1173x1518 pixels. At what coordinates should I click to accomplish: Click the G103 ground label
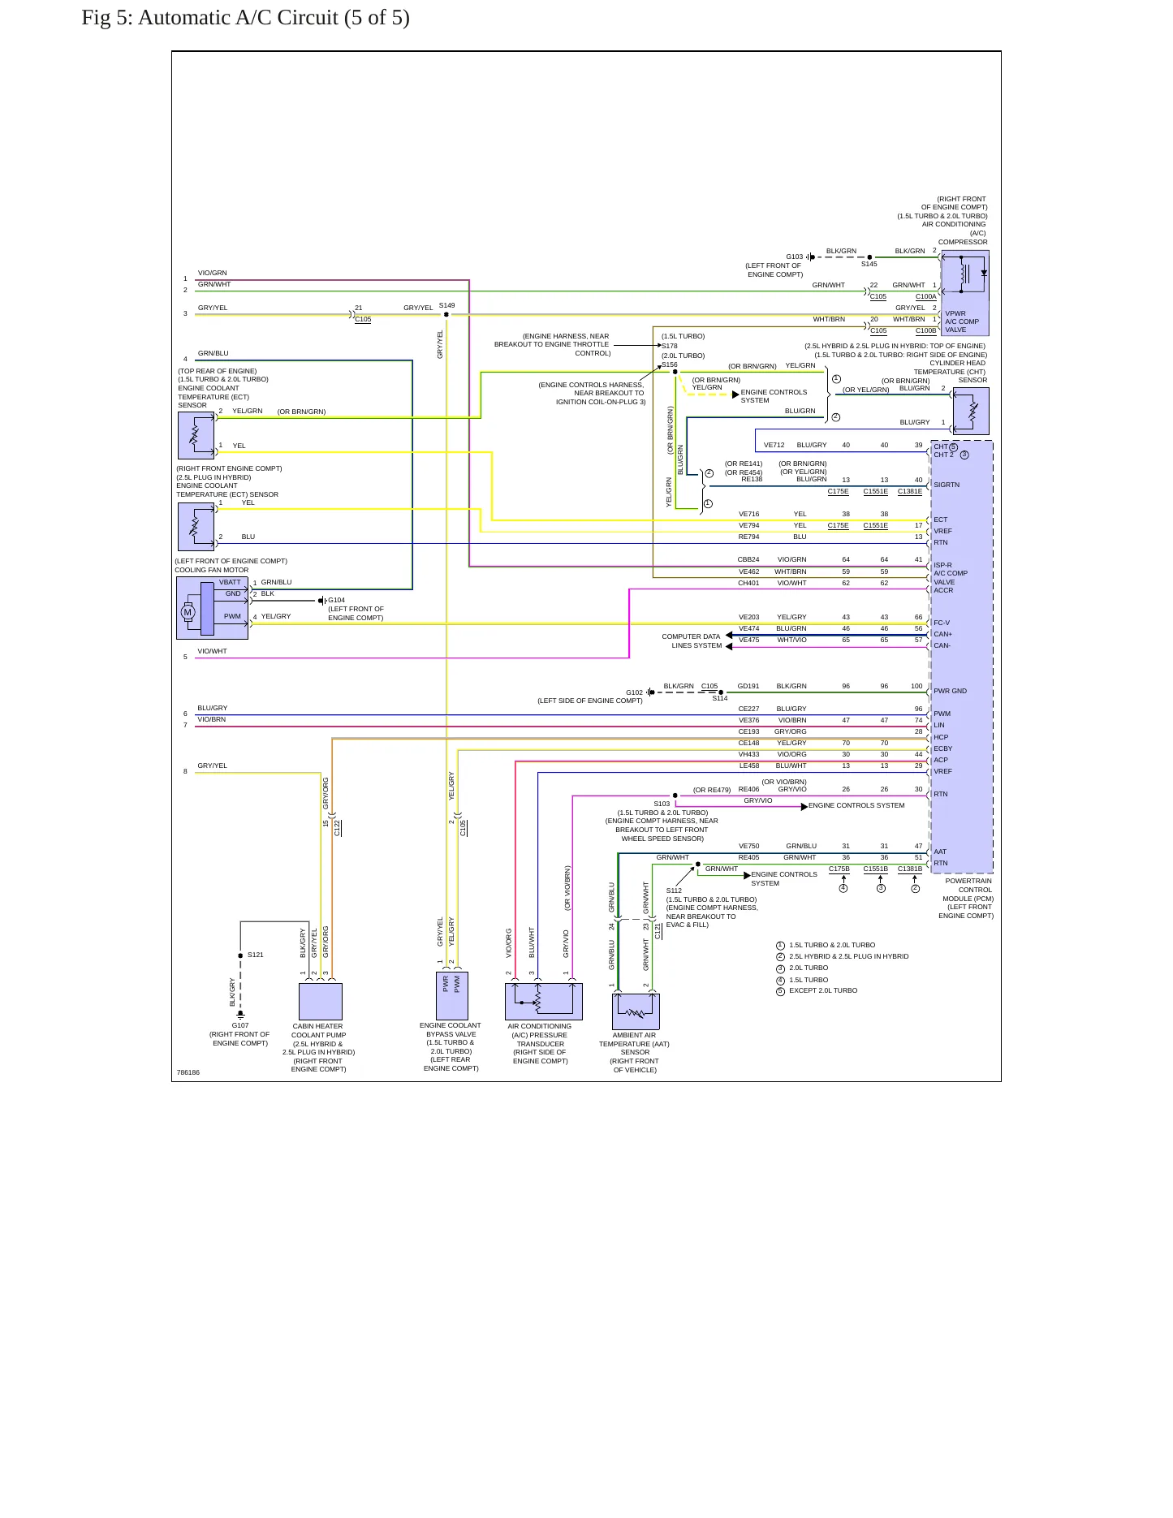794,257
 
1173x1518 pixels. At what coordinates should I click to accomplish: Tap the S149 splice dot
446,315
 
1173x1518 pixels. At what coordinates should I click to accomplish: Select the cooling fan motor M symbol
188,612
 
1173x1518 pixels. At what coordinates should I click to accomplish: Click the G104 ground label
336,601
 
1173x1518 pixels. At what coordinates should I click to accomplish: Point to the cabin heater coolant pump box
321,1002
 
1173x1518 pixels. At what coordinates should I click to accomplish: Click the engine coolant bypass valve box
452,996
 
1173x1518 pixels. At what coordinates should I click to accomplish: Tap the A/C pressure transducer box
544,1002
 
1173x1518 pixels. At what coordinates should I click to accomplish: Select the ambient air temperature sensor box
636,1011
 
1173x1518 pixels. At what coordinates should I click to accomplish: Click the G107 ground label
240,1025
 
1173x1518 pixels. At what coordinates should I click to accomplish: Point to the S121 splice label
256,955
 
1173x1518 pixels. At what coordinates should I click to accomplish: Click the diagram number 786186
188,1072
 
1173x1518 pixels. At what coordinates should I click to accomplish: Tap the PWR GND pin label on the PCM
950,691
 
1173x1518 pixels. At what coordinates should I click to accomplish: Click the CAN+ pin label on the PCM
942,634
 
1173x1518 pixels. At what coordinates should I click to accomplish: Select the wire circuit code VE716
748,514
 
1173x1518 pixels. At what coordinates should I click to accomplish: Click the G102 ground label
634,692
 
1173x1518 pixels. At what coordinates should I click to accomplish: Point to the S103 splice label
662,804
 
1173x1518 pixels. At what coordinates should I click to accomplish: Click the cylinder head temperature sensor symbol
972,411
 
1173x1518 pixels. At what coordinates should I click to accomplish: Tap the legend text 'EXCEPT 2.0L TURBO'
823,990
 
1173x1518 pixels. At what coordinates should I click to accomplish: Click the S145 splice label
869,264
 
